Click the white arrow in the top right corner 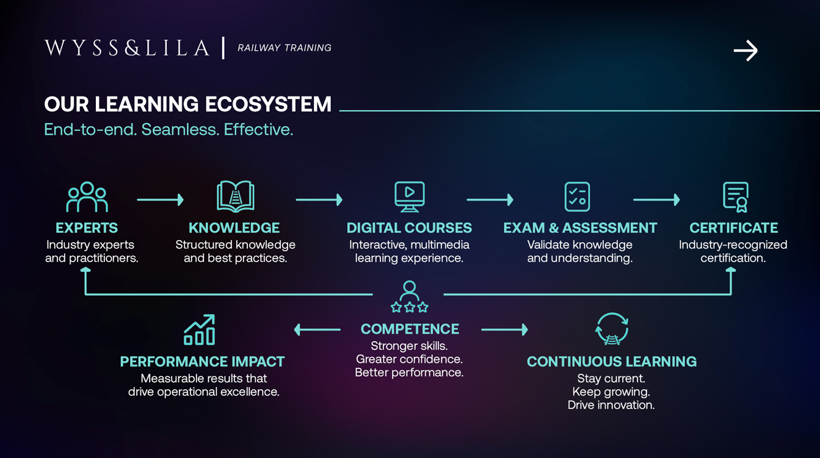[x=746, y=51]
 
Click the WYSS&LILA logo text [x=127, y=48]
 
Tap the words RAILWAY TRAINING [x=285, y=48]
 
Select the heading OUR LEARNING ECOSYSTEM [x=188, y=104]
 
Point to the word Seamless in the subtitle [x=180, y=129]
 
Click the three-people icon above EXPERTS [x=87, y=197]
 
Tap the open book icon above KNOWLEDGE [x=236, y=196]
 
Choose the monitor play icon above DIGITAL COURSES [x=410, y=196]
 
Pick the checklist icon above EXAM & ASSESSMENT [x=577, y=196]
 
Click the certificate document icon [x=736, y=197]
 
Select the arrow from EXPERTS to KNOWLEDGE [x=161, y=199]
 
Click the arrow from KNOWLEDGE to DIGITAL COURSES [x=319, y=199]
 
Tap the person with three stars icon [x=410, y=297]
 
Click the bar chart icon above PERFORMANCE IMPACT [x=200, y=330]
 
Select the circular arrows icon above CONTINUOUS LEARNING [x=612, y=329]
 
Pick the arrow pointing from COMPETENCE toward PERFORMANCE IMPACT [x=317, y=330]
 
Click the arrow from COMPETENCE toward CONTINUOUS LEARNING [x=505, y=330]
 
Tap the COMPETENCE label [x=410, y=329]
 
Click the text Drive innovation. [x=611, y=405]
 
